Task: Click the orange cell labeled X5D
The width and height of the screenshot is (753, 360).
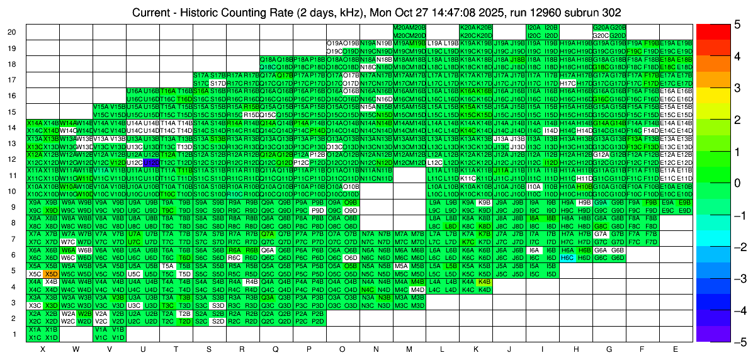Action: pos(52,274)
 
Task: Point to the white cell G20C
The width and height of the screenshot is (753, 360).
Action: pos(601,35)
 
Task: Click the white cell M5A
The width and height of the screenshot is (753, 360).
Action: pos(400,266)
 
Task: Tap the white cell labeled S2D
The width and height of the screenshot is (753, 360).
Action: pos(218,322)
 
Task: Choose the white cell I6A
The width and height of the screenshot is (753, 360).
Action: pos(534,250)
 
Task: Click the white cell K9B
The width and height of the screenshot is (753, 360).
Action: pos(484,203)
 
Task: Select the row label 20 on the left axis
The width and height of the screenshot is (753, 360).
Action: pos(12,32)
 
